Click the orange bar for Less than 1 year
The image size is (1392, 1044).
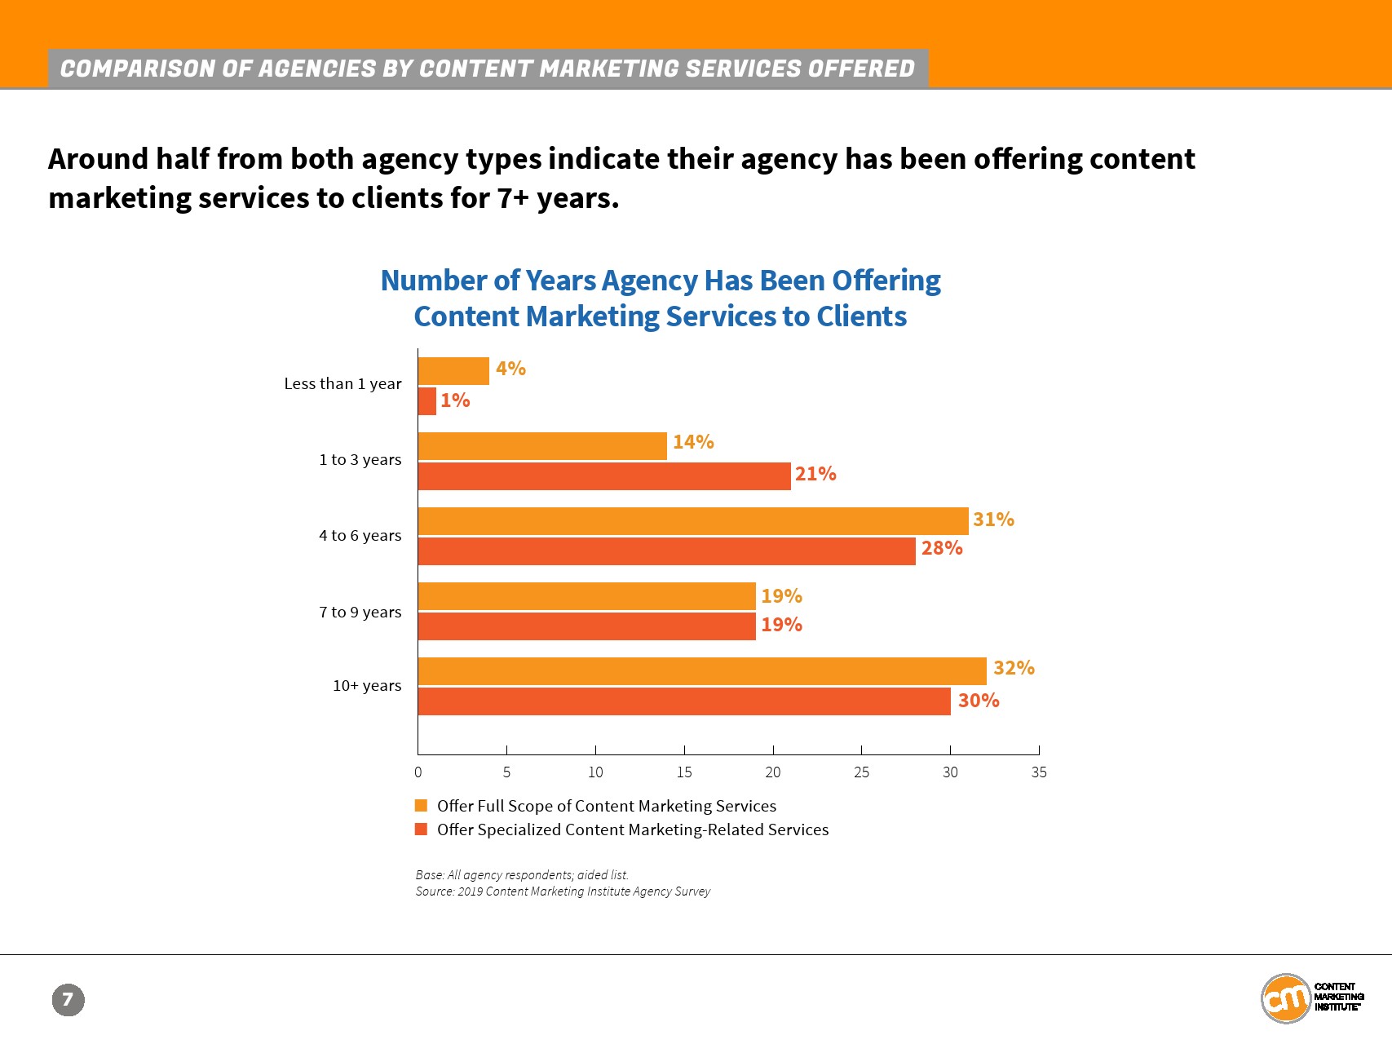(453, 371)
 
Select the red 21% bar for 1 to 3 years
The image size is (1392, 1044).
(603, 476)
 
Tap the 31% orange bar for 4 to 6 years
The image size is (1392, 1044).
(693, 521)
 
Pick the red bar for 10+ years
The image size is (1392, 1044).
(683, 701)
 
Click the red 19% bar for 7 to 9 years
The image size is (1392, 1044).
(586, 626)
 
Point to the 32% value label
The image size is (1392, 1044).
(1014, 668)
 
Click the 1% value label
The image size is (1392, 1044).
(455, 400)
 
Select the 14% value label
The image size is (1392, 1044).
(693, 442)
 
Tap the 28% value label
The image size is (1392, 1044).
(942, 548)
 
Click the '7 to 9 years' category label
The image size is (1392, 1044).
(360, 612)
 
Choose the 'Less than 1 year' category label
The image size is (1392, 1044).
(342, 383)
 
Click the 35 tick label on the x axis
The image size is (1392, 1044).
(1038, 772)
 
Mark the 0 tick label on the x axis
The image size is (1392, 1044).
(418, 772)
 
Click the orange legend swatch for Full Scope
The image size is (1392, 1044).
(421, 806)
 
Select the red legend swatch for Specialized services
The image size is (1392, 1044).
(421, 829)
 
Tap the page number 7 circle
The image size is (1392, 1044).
(68, 999)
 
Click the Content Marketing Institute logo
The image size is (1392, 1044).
(1311, 997)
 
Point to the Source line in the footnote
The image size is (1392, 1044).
(563, 891)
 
